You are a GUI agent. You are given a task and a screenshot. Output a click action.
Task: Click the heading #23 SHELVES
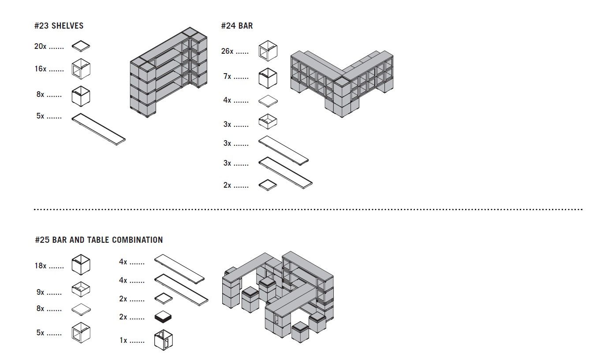point(59,26)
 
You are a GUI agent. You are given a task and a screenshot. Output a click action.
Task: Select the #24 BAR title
point(237,26)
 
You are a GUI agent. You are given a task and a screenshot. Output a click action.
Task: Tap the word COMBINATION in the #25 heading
point(137,240)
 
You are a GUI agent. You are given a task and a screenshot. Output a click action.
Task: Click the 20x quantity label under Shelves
point(41,46)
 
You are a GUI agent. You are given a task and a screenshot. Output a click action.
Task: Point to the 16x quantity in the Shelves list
point(41,69)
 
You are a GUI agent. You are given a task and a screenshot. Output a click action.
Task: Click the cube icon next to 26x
point(268,50)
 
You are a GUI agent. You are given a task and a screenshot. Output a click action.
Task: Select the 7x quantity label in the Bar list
point(227,77)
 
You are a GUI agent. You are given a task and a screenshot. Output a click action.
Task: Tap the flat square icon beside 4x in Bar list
point(268,101)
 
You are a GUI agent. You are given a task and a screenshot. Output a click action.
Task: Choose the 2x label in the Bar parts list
point(227,186)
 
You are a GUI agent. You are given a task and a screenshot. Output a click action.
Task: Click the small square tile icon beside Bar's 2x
point(268,185)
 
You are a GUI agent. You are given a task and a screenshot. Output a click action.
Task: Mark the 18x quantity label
point(41,266)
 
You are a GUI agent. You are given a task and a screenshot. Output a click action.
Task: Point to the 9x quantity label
point(41,292)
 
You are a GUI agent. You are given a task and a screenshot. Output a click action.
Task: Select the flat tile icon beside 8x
point(81,309)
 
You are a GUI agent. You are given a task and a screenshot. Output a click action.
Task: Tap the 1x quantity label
point(123,341)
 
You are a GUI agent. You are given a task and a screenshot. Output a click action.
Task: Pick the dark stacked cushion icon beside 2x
point(163,317)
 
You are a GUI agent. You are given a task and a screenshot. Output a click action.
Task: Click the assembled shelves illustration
point(168,73)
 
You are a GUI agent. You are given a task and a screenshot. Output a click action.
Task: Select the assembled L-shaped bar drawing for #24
point(342,82)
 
